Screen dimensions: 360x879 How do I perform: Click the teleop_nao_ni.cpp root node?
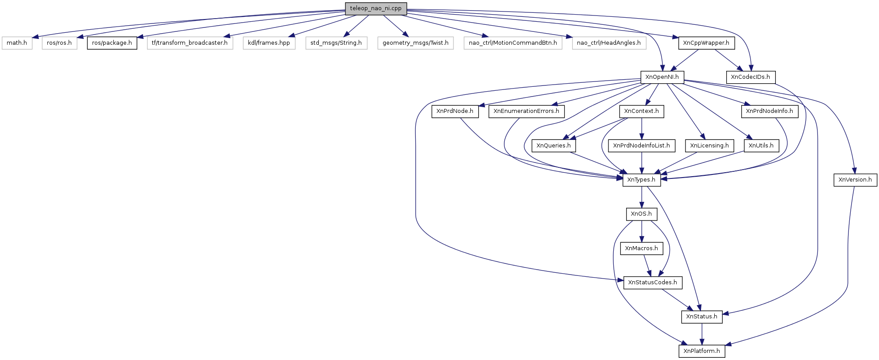tap(376, 8)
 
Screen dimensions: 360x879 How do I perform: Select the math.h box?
tap(17, 43)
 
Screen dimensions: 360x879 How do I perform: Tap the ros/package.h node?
tap(112, 43)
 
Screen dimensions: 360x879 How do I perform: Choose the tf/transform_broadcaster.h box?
tap(190, 43)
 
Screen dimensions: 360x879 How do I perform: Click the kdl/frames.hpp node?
tap(269, 43)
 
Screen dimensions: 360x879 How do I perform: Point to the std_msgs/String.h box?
tap(336, 43)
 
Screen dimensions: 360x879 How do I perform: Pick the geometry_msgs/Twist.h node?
tap(415, 43)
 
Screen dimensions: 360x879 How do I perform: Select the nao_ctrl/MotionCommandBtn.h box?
tap(513, 43)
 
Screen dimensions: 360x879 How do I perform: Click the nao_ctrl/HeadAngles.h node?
tap(609, 43)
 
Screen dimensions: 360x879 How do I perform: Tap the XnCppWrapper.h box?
tap(706, 43)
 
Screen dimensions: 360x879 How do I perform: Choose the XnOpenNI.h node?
tap(662, 77)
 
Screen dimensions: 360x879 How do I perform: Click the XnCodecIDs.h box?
tap(750, 77)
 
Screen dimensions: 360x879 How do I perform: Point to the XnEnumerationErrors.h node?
tap(526, 111)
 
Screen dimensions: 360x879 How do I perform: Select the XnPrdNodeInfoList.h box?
tap(641, 146)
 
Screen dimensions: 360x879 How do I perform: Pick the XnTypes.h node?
tap(641, 180)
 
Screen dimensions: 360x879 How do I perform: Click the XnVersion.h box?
tap(855, 180)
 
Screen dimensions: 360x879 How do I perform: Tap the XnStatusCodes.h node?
tap(652, 283)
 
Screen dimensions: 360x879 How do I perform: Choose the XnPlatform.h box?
tap(701, 351)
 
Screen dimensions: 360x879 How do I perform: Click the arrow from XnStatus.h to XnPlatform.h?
tap(701, 334)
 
